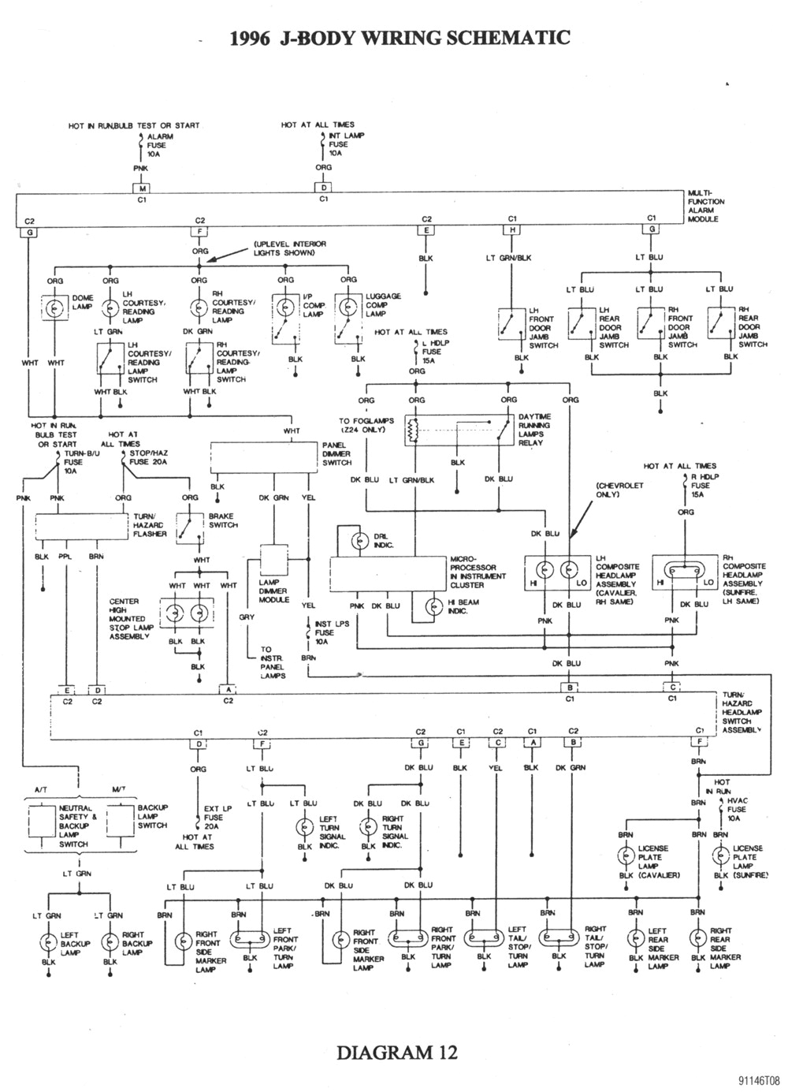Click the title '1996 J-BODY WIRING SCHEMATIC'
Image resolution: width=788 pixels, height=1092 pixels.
coord(400,37)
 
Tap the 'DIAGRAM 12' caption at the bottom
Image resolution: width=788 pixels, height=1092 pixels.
coord(397,1052)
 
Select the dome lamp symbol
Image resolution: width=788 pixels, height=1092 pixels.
coord(54,308)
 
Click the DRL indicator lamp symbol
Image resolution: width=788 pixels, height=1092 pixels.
coord(360,540)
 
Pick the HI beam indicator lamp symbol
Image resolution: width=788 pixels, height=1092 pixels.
coord(433,606)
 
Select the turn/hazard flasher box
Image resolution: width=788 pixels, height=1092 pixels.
coord(83,526)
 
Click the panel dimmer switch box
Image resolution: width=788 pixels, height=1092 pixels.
coord(264,457)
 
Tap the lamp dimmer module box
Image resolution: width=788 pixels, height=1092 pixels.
coord(274,561)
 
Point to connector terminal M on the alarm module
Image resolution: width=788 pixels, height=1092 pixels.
coord(142,188)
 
